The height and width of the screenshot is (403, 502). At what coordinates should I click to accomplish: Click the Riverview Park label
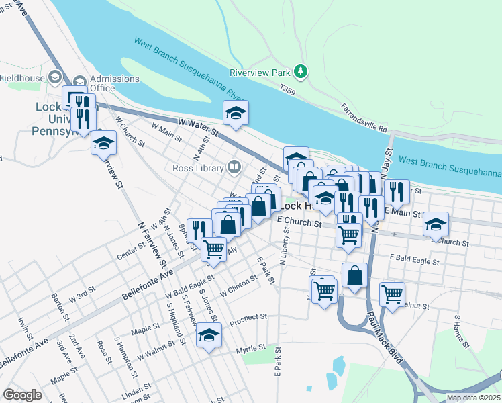coord(258,71)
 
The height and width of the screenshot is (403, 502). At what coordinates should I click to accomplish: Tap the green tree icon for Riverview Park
coord(301,71)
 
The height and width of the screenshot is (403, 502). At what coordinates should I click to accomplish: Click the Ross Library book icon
coord(234,166)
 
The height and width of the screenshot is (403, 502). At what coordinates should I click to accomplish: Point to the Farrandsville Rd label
coord(364,118)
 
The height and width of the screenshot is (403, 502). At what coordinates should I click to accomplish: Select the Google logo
coord(23,395)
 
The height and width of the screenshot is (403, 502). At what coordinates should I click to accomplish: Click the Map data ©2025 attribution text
coord(472,398)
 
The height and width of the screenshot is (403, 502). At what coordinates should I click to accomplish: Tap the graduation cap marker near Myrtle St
coord(209,334)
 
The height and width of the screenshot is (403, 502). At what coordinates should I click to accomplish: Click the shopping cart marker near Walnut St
coord(393,294)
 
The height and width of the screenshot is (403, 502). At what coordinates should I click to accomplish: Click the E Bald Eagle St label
coord(413,258)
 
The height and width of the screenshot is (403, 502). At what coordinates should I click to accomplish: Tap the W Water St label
coord(199,126)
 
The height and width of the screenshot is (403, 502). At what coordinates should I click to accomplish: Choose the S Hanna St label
coord(461,328)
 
